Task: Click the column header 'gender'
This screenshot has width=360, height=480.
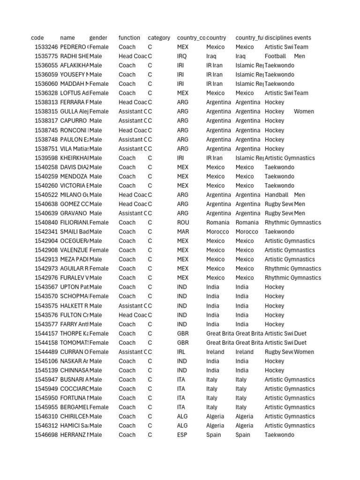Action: click(98, 37)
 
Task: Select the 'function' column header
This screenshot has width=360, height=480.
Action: click(129, 37)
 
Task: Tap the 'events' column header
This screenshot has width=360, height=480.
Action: click(302, 37)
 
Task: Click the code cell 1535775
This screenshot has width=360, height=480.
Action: click(46, 56)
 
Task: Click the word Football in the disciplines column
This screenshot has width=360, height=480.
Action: click(275, 56)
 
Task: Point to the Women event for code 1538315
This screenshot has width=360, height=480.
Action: click(304, 112)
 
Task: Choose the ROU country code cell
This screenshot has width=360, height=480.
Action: click(183, 223)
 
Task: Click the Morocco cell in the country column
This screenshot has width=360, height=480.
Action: click(217, 232)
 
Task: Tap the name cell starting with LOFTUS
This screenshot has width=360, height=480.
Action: click(74, 93)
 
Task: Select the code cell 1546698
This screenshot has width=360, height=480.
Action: click(46, 435)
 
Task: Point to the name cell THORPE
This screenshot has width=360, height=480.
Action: click(74, 334)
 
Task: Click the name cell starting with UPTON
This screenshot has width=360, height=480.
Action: click(74, 287)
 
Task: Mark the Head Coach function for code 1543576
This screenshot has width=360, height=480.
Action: click(133, 315)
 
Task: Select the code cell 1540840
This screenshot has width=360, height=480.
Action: click(46, 223)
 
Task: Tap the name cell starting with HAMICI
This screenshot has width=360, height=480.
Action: click(74, 426)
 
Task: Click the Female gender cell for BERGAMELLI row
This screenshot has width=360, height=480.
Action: click(99, 407)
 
